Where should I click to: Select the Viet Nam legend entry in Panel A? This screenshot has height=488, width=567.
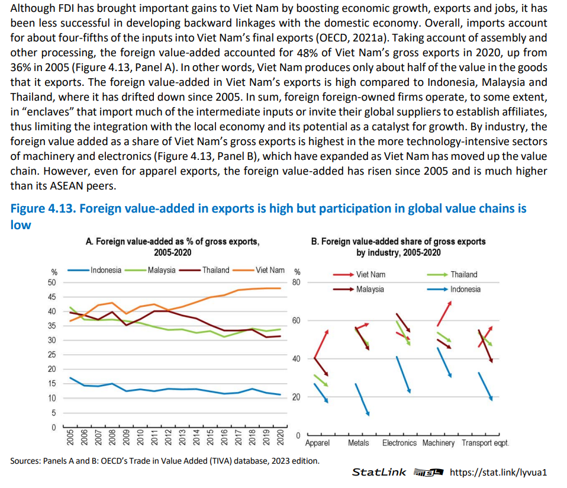259,270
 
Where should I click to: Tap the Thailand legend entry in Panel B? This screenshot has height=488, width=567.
452,275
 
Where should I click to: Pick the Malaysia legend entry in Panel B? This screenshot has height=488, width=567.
359,290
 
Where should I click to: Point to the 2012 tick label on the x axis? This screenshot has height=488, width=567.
168,437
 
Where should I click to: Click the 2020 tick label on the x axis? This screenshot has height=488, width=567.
280,437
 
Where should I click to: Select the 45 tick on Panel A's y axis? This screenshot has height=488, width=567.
52,297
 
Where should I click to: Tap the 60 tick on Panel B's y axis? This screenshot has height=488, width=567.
296,320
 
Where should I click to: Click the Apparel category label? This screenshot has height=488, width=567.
317,443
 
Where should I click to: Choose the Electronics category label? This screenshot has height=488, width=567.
400,443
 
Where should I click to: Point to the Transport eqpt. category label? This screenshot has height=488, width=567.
485,443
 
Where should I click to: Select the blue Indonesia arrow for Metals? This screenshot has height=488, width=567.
362,399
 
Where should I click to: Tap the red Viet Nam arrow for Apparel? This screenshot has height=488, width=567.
321,343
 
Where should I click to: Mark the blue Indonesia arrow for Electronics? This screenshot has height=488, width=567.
404,374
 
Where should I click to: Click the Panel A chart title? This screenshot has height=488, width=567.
173,247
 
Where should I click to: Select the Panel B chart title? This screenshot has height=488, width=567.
398,247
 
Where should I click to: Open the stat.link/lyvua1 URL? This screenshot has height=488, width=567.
498,473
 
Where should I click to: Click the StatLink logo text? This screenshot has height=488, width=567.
379,473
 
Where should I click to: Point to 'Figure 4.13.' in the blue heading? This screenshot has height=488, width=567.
43,208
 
